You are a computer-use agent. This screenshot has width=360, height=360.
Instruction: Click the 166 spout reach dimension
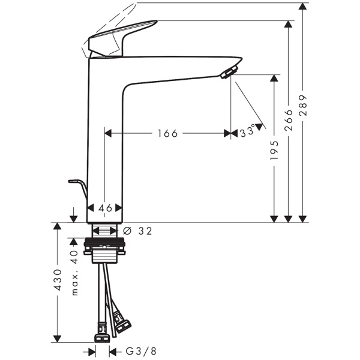(x=167, y=133)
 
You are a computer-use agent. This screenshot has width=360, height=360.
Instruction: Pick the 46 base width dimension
(x=105, y=208)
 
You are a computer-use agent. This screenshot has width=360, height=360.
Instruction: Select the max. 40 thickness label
(x=75, y=272)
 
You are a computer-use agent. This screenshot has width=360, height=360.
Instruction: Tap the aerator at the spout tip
(x=227, y=73)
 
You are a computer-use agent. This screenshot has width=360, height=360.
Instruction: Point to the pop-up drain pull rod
(x=78, y=186)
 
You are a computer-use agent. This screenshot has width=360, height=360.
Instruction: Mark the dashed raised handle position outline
(x=108, y=27)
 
